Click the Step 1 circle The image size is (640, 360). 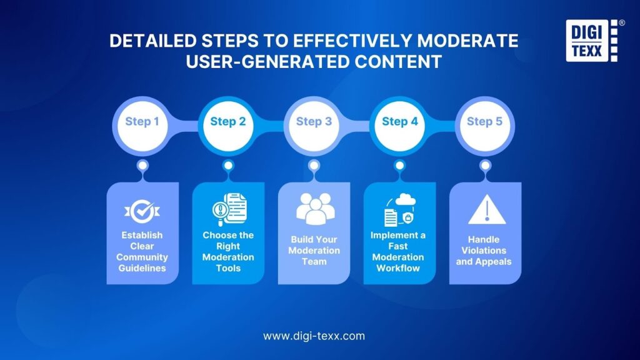point(142,126)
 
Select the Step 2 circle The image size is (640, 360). point(228,126)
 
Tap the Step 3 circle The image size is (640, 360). point(314,126)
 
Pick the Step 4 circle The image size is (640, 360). point(399,126)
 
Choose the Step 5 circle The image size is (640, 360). point(485,126)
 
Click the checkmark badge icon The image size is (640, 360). point(142,211)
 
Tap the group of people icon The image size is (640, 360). point(315,209)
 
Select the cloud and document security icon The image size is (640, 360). point(399,210)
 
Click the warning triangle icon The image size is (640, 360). point(486,209)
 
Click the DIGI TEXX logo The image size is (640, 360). point(592,41)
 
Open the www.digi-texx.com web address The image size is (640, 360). point(314,336)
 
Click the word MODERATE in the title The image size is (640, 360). point(467,41)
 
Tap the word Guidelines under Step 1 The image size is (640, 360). point(142,268)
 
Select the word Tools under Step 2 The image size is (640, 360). point(228,268)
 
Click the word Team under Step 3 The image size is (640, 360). point(314,262)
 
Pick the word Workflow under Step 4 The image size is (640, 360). point(398,268)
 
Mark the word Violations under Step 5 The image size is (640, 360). point(484,251)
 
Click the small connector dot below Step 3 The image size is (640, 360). point(314,165)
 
